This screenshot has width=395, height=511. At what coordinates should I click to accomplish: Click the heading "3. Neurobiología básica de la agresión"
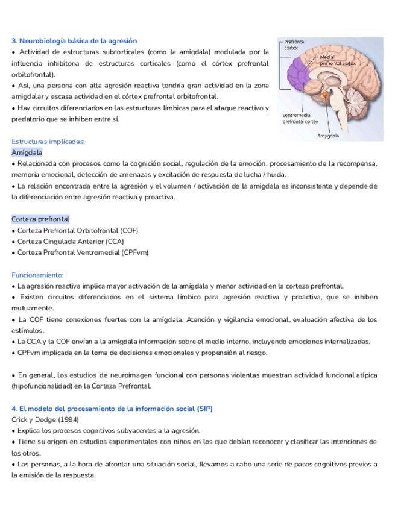click(74, 40)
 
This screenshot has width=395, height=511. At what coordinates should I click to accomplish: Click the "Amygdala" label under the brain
click(328, 136)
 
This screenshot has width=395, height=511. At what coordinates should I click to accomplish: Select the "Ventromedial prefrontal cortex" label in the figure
click(300, 118)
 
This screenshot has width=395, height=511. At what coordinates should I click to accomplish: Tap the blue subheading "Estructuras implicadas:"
click(48, 142)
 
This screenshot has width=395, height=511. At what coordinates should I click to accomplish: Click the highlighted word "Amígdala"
click(27, 152)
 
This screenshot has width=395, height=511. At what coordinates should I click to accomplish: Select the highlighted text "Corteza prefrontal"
click(40, 219)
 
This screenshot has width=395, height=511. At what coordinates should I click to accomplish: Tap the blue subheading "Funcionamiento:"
click(37, 275)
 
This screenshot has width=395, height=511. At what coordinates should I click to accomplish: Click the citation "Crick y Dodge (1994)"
click(45, 419)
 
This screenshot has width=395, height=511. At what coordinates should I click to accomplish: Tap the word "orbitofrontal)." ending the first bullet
click(33, 74)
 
